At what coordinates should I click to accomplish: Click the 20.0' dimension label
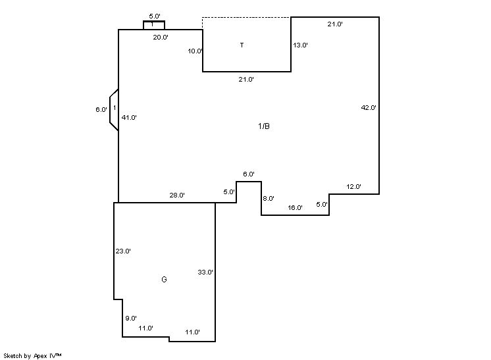[x=161, y=38]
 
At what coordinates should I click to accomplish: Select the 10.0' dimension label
[x=195, y=51]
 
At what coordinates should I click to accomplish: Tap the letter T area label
[x=242, y=45]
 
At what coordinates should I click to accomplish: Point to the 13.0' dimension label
[x=300, y=45]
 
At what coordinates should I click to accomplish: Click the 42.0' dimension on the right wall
[x=369, y=107]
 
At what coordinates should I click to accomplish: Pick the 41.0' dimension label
[x=129, y=118]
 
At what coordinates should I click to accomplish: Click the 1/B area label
[x=263, y=126]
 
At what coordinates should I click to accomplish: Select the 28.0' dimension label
[x=177, y=195]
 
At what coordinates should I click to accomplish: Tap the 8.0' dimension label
[x=269, y=199]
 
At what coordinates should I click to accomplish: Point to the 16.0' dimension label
[x=295, y=208]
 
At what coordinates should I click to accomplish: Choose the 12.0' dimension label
[x=354, y=187]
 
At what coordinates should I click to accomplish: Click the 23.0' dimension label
[x=123, y=251]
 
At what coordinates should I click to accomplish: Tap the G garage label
[x=164, y=280]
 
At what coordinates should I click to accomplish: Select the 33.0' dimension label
[x=205, y=272]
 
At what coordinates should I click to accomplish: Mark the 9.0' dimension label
[x=131, y=319]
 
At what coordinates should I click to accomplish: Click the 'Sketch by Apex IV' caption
[x=32, y=355]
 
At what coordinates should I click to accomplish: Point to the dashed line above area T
[x=246, y=17]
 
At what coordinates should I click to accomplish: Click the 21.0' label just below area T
[x=246, y=80]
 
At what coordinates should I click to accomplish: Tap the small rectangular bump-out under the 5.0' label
[x=154, y=25]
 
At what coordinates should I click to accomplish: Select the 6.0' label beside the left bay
[x=101, y=110]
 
